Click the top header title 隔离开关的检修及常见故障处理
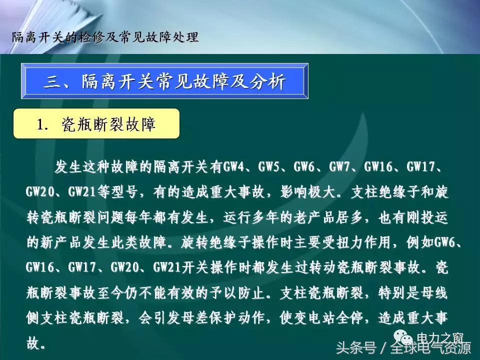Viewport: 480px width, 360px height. click(x=104, y=37)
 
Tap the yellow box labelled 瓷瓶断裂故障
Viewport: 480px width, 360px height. click(x=96, y=123)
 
